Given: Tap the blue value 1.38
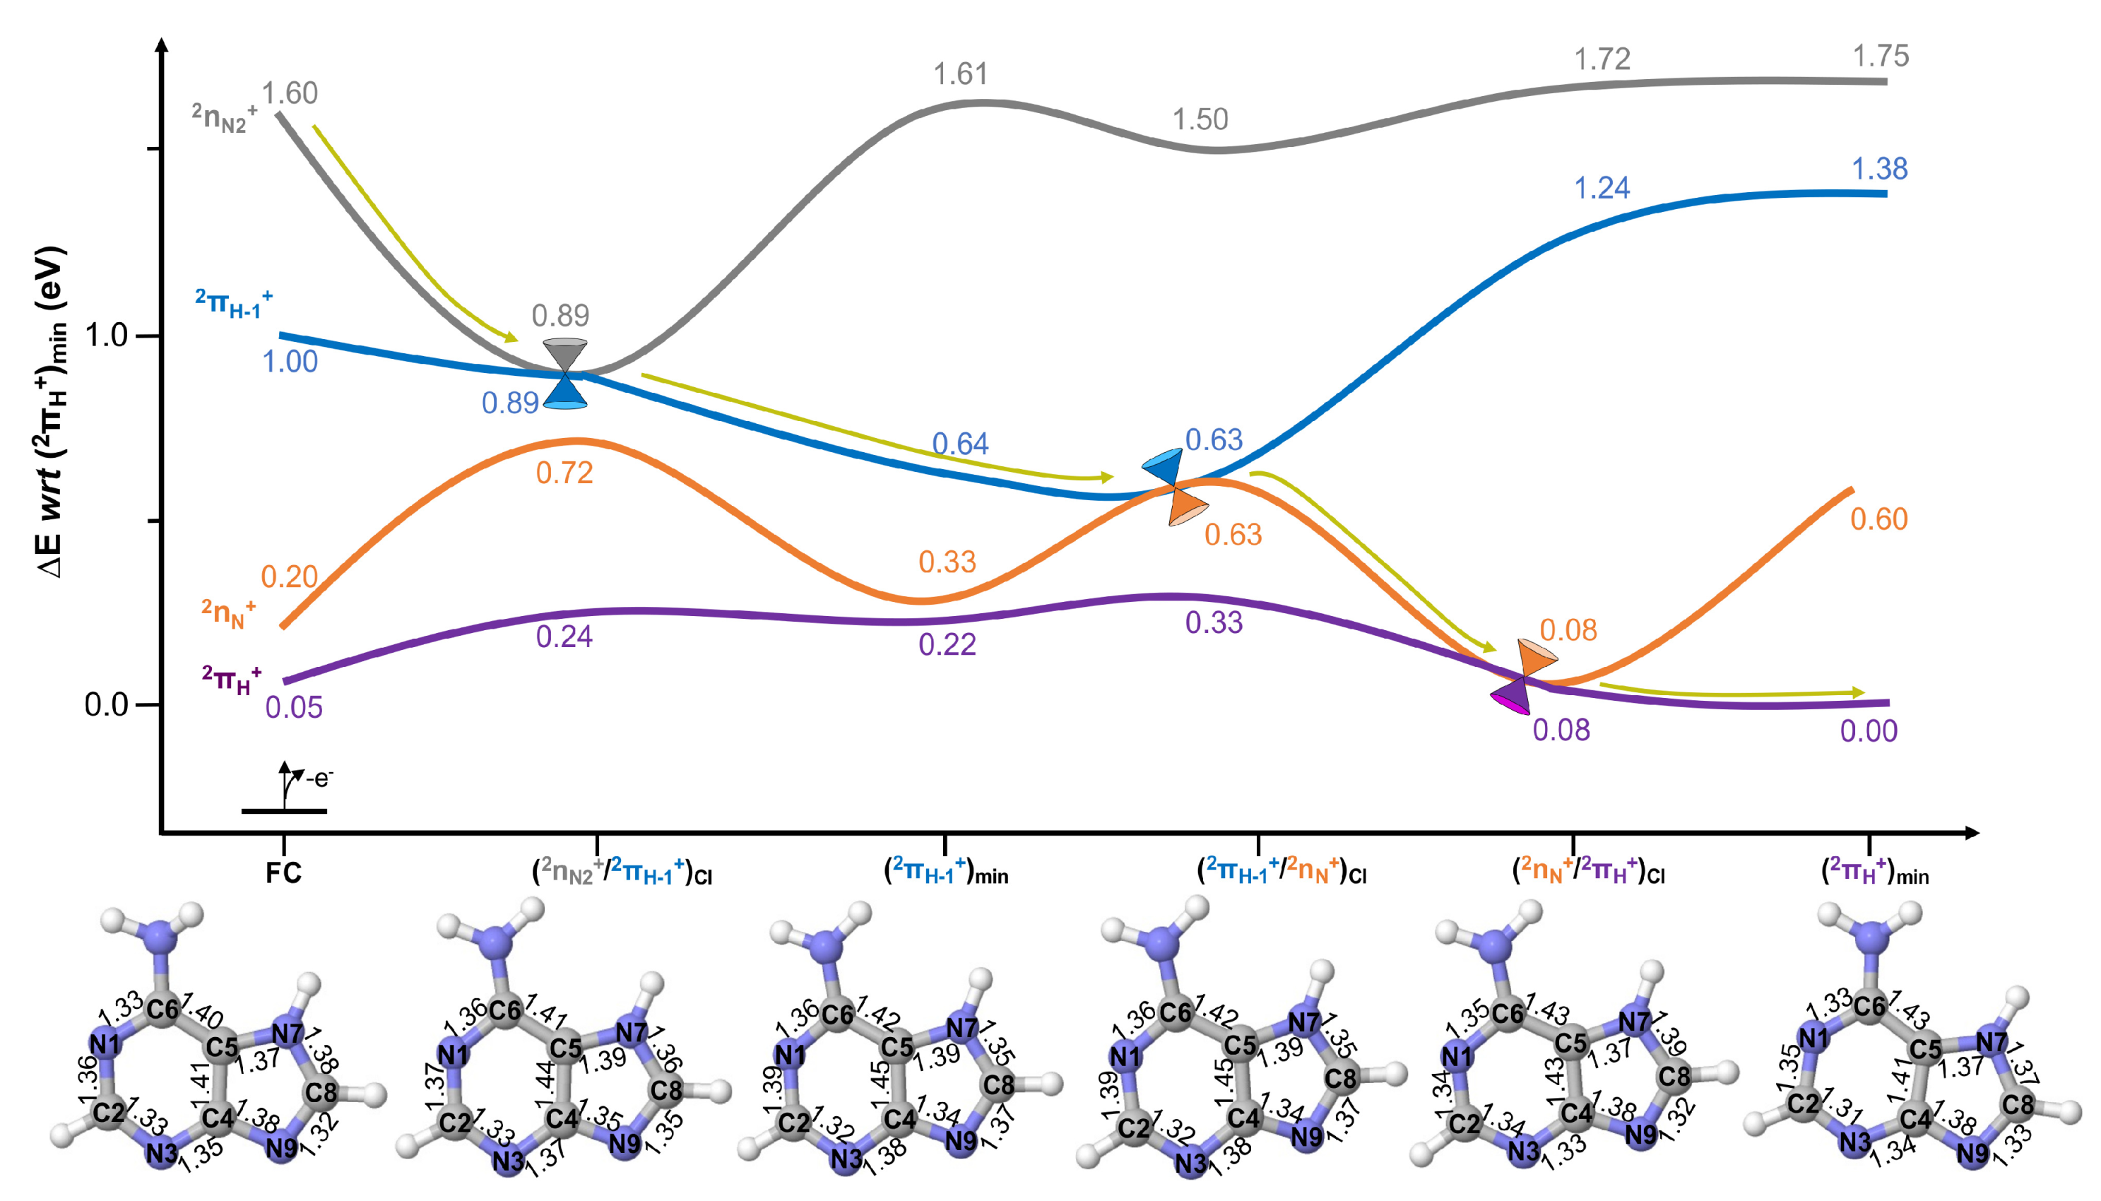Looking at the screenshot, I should pos(1879,169).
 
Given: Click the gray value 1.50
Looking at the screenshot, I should pos(1200,120).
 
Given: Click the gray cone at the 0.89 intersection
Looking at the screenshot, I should pos(565,354).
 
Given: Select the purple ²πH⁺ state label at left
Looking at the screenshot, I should pos(231,680).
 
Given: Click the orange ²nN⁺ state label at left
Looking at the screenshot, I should pos(228,613).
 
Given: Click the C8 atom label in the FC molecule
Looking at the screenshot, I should pos(321,1093).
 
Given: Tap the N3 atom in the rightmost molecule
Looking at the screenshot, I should pos(1854,1142).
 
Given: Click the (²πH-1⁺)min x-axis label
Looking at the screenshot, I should pos(946,871).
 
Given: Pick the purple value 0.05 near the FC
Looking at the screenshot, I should pos(294,709).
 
